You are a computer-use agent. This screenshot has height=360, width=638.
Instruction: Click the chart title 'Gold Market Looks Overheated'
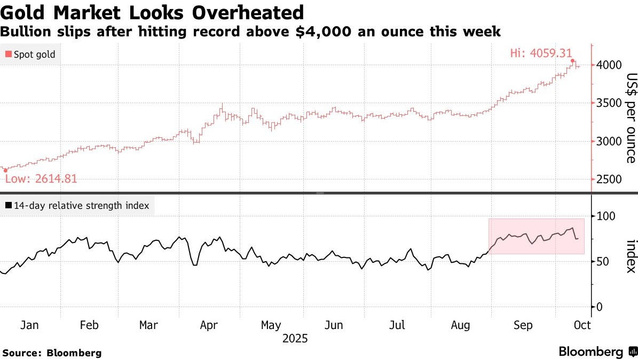coord(152,12)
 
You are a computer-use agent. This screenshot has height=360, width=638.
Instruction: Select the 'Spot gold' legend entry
coord(34,54)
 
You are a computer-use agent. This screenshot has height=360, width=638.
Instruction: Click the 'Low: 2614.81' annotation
coord(41,179)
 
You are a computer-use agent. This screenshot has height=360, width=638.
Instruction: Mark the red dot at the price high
coord(573,61)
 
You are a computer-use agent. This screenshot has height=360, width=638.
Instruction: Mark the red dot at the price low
coord(5,171)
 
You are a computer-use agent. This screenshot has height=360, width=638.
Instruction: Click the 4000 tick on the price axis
coord(609,65)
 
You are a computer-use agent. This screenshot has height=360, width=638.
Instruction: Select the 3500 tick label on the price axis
coord(609,103)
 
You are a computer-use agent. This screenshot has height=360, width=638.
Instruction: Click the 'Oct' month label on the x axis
coord(582,325)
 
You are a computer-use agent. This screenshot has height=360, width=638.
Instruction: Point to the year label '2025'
coord(296,339)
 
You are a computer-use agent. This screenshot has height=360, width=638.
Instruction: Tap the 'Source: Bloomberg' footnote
coord(52,353)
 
